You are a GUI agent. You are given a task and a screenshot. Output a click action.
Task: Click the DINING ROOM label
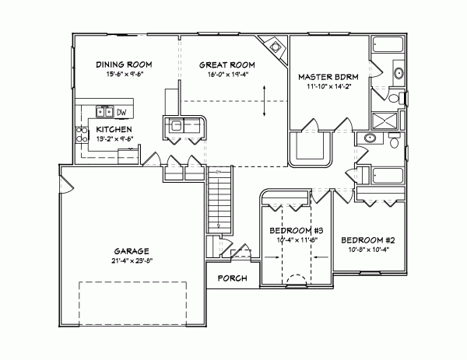[x=123, y=64]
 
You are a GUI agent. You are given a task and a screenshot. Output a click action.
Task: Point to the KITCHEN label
[x=114, y=129]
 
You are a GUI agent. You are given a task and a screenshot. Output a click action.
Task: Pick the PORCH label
[x=231, y=278]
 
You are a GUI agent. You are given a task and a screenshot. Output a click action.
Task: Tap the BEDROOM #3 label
[x=291, y=232]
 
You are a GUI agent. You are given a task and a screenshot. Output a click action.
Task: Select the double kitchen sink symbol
[x=104, y=110]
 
